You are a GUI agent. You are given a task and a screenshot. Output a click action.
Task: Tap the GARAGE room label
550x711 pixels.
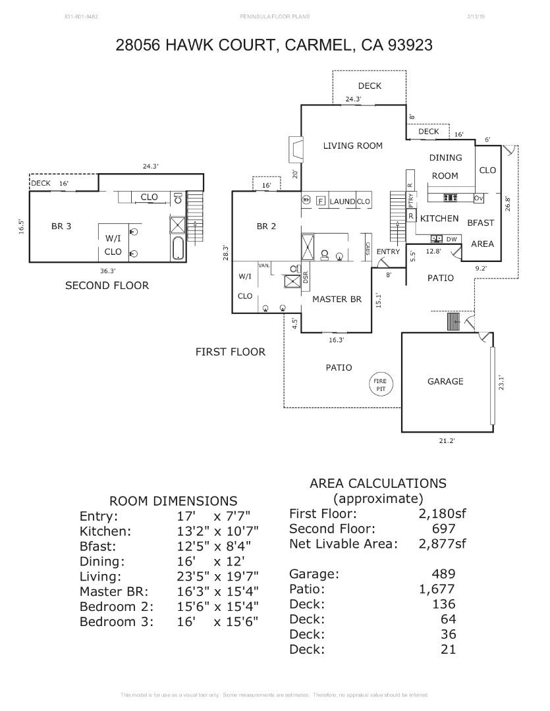pos(445,381)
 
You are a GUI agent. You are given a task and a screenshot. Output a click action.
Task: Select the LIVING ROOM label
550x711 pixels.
pos(352,145)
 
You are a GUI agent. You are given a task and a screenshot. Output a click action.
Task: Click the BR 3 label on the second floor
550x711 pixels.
pos(61,226)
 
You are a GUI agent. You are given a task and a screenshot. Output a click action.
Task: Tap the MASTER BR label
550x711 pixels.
pos(337,299)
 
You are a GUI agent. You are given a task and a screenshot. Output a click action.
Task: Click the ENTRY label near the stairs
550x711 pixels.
pos(388,252)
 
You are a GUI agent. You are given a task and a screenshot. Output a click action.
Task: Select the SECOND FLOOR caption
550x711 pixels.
pos(107,285)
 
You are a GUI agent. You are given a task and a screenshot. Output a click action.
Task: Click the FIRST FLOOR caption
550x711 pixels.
pos(230,352)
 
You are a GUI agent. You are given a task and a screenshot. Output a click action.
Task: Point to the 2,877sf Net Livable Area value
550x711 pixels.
pos(442,544)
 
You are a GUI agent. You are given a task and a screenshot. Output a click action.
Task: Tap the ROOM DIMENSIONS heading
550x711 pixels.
pos(173,501)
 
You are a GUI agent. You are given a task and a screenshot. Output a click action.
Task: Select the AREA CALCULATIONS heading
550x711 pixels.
pos(377,483)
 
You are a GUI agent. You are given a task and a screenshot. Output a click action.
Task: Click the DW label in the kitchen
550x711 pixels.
pos(451,239)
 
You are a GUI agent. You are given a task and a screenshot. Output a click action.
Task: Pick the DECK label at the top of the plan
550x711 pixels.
pos(369,86)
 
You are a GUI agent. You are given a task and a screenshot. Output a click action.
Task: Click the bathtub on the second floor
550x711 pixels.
pos(178,249)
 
